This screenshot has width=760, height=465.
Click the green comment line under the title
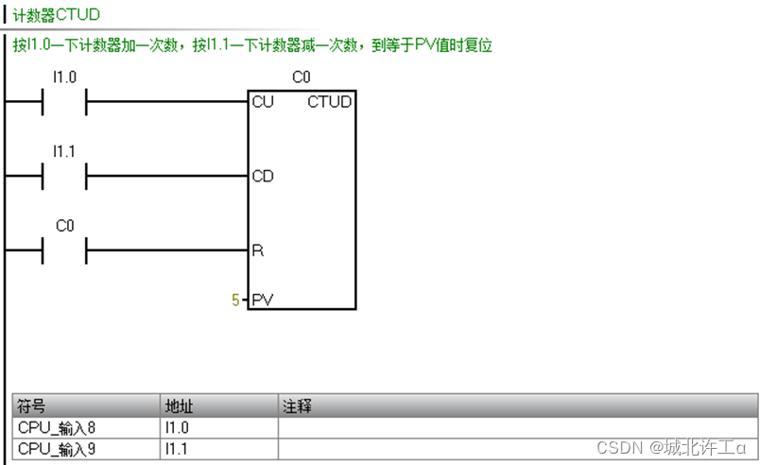pos(252,44)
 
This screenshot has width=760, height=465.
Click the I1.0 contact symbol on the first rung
pos(64,101)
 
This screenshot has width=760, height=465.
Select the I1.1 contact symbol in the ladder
pos(64,176)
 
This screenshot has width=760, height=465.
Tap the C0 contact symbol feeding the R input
pos(64,250)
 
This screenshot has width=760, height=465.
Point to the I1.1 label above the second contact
pos(64,150)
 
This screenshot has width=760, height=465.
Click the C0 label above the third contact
pos(64,226)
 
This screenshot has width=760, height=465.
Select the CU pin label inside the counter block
pos(263,101)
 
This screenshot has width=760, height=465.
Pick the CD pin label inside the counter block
pos(263,176)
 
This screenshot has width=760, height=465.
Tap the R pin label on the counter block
pos(257,250)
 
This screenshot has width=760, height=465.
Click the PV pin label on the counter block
pos(263,301)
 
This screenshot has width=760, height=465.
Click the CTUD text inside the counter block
pos(329,101)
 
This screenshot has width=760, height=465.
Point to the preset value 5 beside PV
pos(235,301)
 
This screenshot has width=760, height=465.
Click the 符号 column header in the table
pos(32,406)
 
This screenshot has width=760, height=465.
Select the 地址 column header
pos(179,406)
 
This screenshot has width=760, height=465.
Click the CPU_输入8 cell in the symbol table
pos(57,427)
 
